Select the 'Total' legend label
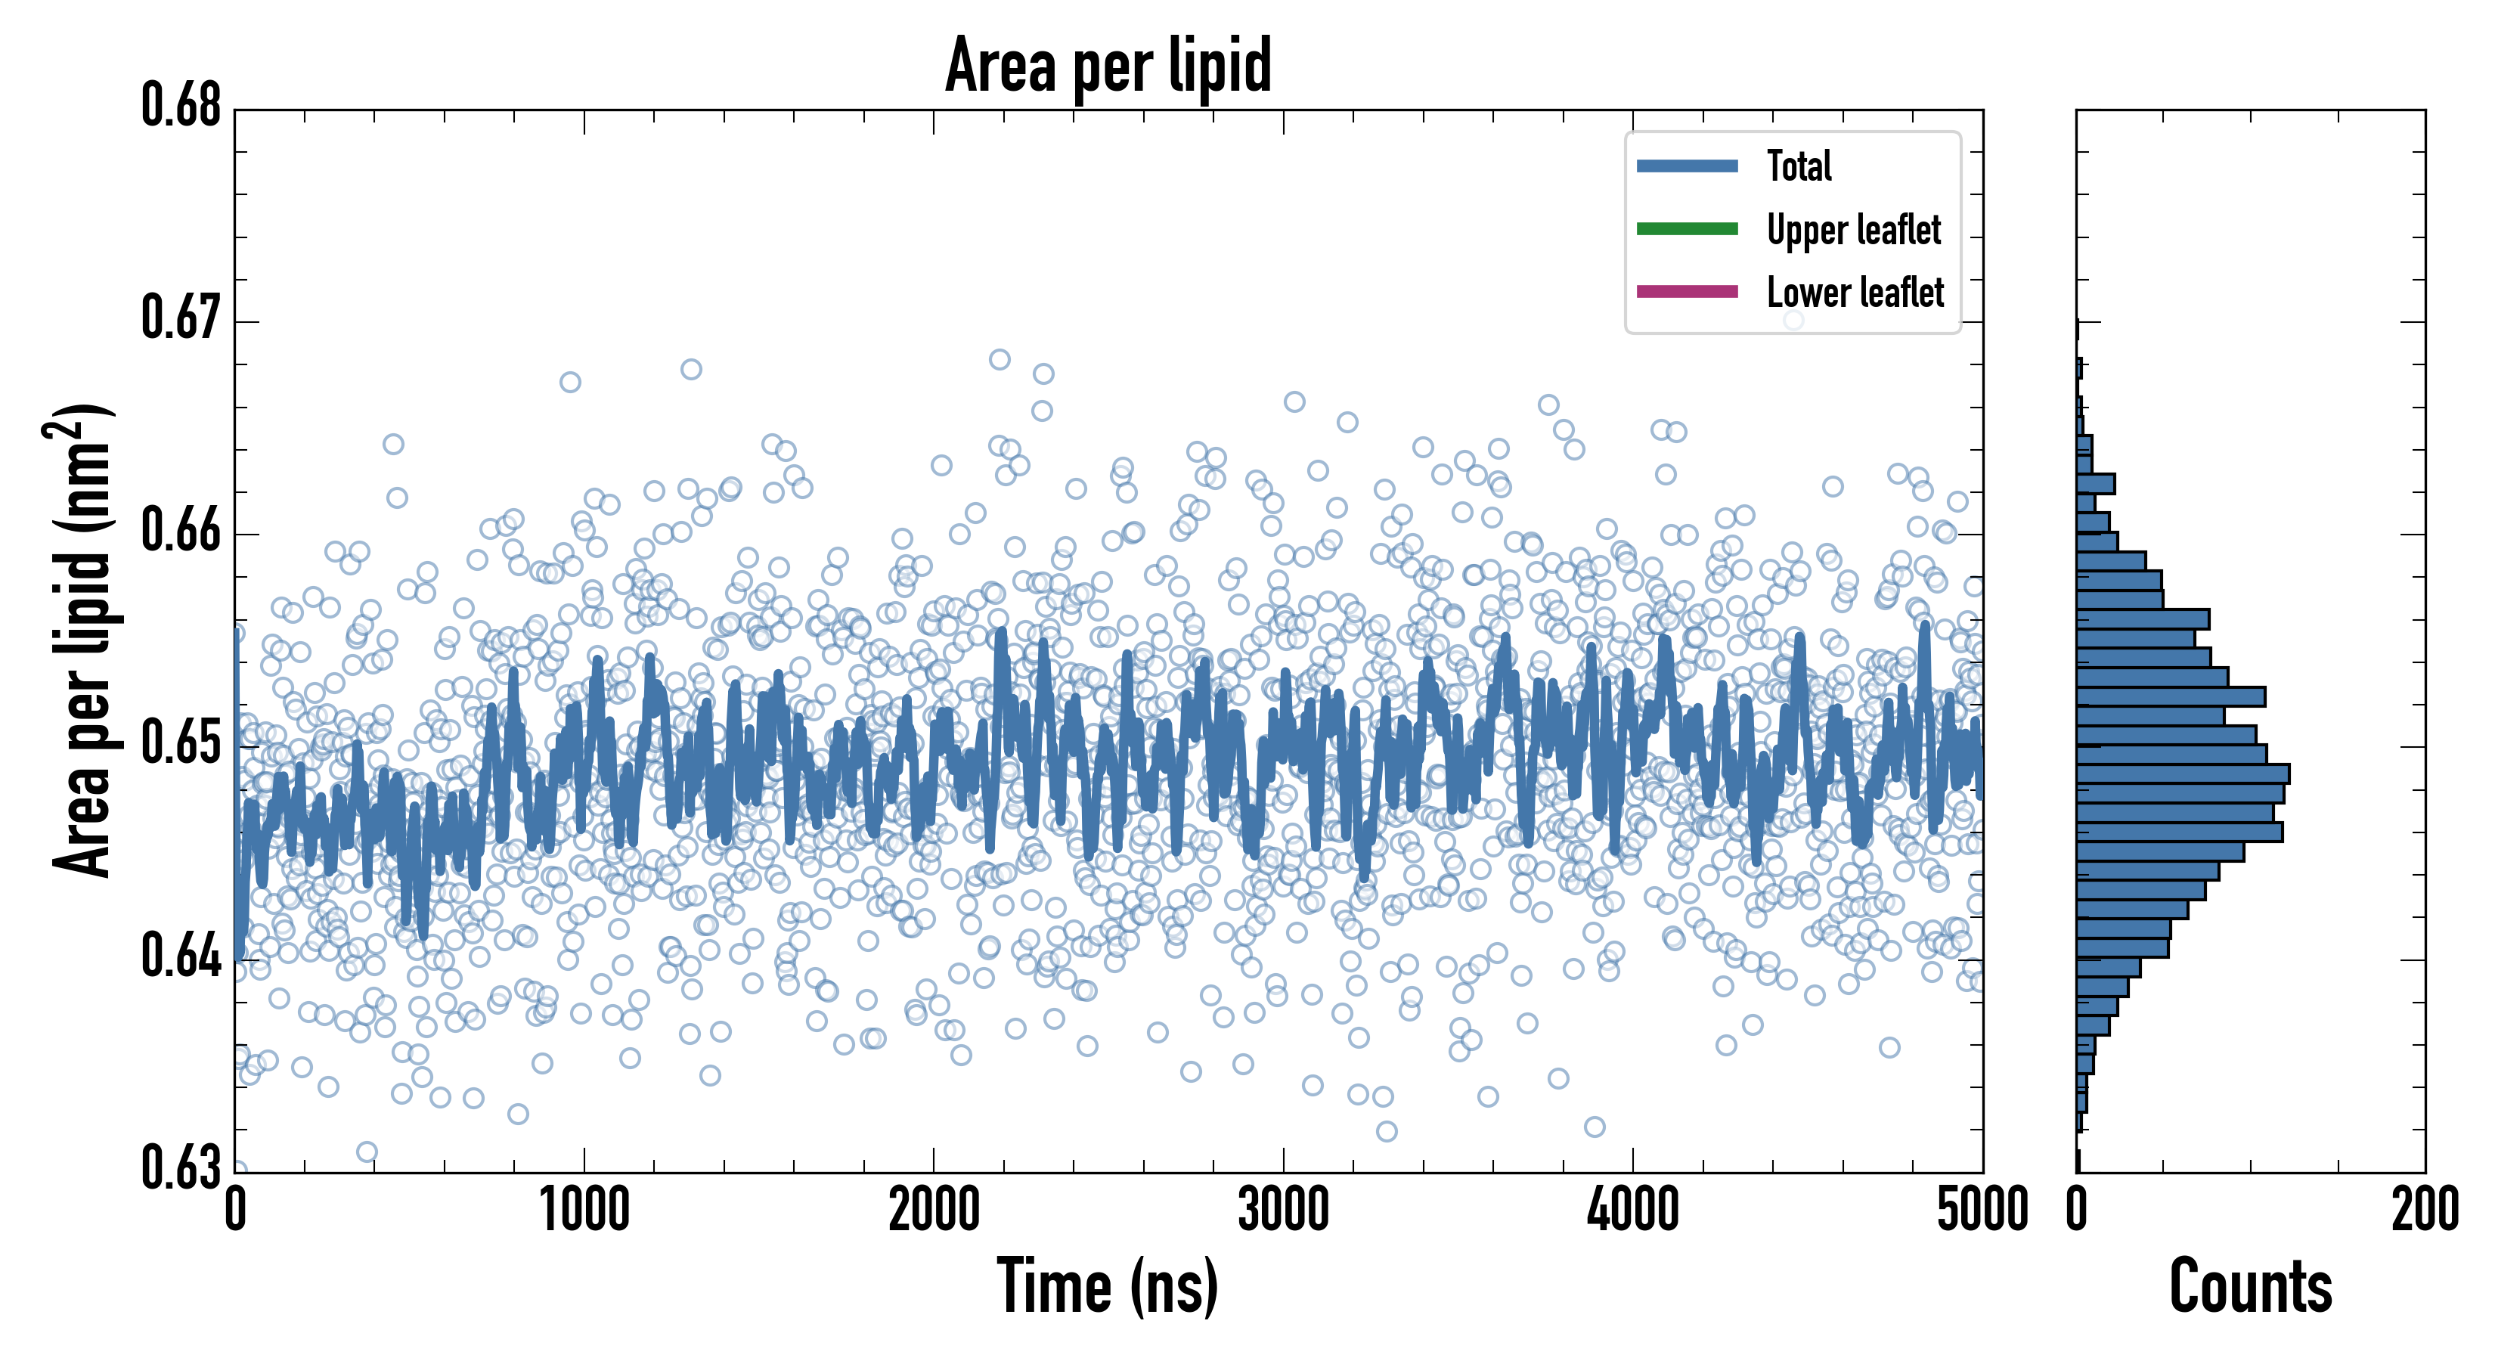tap(1799, 166)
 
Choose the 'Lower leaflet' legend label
tap(1855, 292)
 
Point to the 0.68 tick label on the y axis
tap(181, 106)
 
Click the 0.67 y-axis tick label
tap(181, 318)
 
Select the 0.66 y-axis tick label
tap(181, 531)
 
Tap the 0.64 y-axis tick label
tap(181, 956)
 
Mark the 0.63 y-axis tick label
tap(181, 1167)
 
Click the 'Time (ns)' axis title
tap(1108, 1286)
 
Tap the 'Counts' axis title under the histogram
tap(2250, 1286)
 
